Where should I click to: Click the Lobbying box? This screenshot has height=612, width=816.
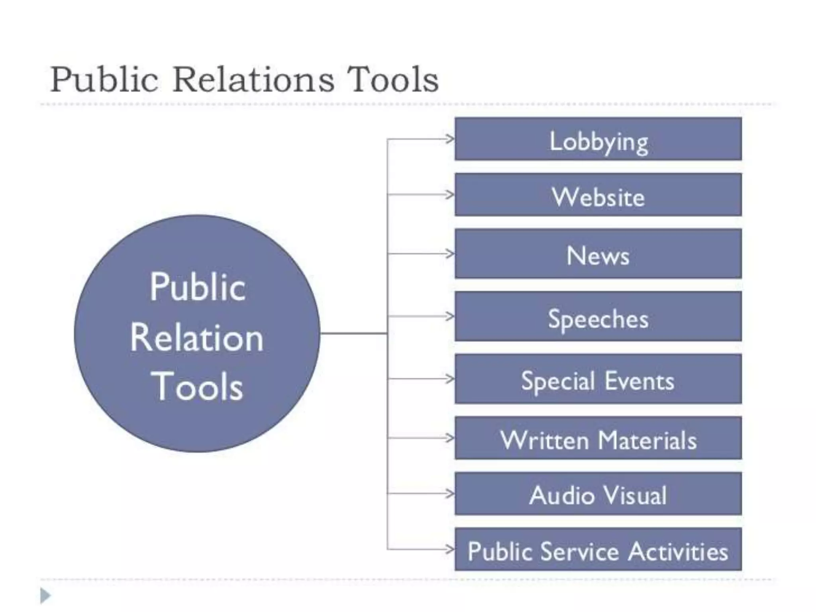pos(598,139)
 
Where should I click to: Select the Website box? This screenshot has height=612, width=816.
pos(598,195)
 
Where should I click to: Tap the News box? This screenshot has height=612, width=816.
pos(598,254)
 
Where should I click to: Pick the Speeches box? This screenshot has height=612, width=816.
pos(598,316)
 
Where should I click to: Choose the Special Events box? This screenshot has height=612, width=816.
pos(598,379)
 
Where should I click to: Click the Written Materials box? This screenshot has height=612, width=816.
pos(598,438)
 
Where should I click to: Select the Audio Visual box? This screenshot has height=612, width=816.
pos(598,494)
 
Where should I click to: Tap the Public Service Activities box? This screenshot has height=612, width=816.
pos(598,549)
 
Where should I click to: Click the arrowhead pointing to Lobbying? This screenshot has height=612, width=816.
pos(450,139)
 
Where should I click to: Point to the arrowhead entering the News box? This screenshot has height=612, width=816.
pos(450,254)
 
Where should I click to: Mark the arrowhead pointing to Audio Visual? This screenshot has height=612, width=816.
pos(450,494)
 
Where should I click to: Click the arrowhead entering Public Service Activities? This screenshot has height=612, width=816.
pos(450,549)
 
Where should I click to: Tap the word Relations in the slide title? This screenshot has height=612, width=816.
pos(253,80)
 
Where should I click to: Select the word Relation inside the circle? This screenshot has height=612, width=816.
pos(197,338)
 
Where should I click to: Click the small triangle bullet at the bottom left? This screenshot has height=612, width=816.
pos(45,596)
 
